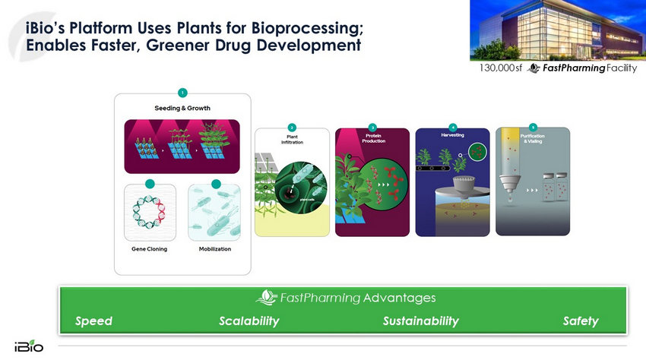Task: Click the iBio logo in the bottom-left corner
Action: tap(28, 346)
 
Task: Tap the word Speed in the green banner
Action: tap(93, 321)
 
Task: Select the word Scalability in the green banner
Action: tap(249, 321)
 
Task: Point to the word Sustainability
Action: tap(420, 321)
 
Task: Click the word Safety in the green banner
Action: tap(581, 321)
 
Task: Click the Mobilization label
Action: tap(215, 249)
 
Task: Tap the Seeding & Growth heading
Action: tap(182, 108)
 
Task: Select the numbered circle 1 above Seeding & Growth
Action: tap(182, 93)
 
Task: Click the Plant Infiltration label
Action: tap(293, 139)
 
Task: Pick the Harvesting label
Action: tap(452, 134)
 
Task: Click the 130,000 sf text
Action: tap(501, 68)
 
